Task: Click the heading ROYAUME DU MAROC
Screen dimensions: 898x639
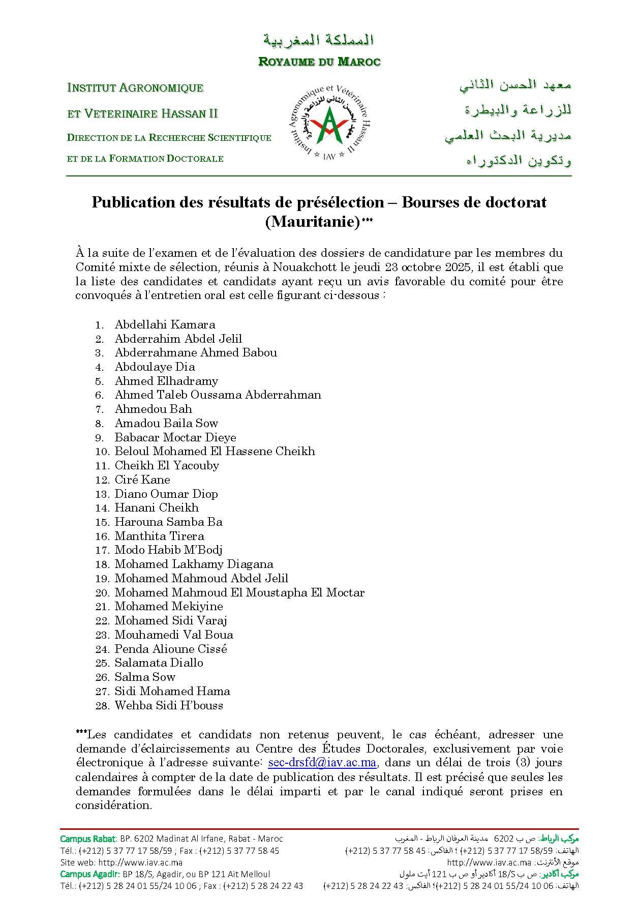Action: pos(319,62)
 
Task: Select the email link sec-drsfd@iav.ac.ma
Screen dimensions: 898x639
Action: pos(322,763)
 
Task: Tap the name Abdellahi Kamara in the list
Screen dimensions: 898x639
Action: pos(165,324)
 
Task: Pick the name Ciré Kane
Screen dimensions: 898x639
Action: pos(142,480)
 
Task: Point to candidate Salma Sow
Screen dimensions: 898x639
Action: pos(145,677)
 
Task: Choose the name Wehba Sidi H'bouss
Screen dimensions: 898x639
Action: pos(169,705)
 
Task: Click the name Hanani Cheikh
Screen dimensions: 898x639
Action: pos(157,507)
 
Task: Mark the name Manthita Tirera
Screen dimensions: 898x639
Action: pos(159,536)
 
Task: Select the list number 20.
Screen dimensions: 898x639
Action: pos(102,593)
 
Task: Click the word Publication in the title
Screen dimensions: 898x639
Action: pos(133,202)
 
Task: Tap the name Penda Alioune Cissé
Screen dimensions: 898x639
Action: pos(171,649)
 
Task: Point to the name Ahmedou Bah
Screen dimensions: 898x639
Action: pos(153,409)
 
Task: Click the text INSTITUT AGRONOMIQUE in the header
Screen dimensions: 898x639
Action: pos(135,88)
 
